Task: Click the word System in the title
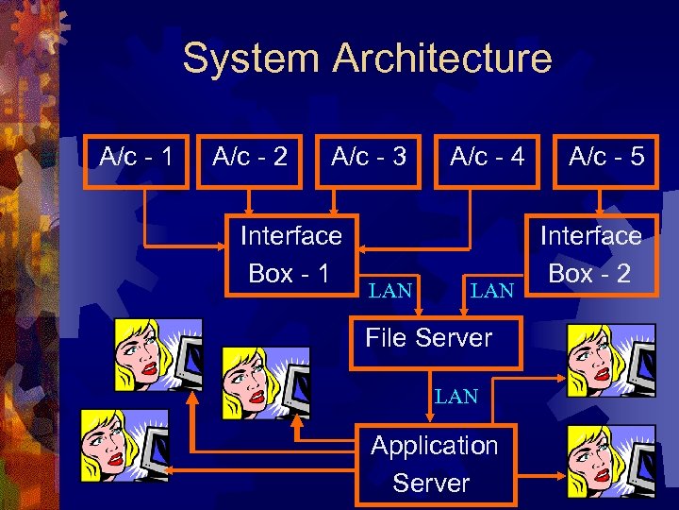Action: (x=252, y=58)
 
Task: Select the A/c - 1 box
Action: (x=137, y=157)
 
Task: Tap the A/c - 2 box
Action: (x=250, y=157)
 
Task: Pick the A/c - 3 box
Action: (x=369, y=157)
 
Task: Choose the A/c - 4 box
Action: (x=488, y=157)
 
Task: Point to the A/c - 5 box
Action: (x=605, y=157)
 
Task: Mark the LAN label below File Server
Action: (x=456, y=397)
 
